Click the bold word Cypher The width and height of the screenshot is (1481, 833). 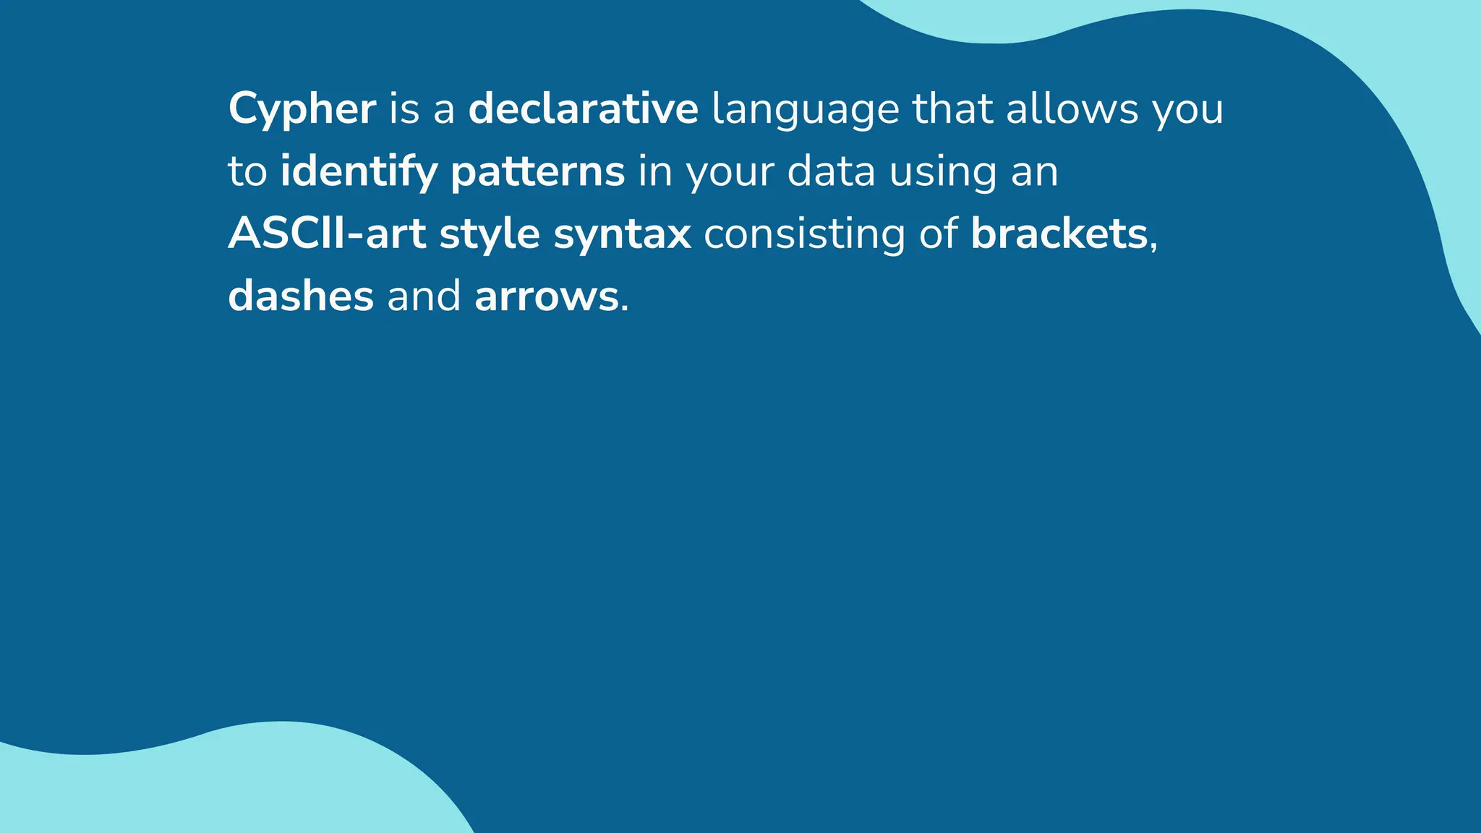coord(302,110)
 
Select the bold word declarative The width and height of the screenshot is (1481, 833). coord(583,108)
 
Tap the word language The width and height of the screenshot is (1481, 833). coord(805,110)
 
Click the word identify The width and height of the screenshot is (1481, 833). coord(359,172)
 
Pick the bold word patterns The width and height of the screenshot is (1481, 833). coord(537,172)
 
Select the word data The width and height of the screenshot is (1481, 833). coord(831,171)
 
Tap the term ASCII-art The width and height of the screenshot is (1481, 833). coord(327,234)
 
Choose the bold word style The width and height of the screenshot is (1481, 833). coord(490,234)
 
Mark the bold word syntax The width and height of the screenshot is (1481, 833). coord(622,235)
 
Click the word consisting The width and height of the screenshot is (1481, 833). coord(804,234)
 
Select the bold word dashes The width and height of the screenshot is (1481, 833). coord(301,296)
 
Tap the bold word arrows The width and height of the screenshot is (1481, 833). coord(546,296)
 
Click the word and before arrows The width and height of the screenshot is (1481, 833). coord(424,296)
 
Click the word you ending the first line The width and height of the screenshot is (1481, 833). coord(1188,110)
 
